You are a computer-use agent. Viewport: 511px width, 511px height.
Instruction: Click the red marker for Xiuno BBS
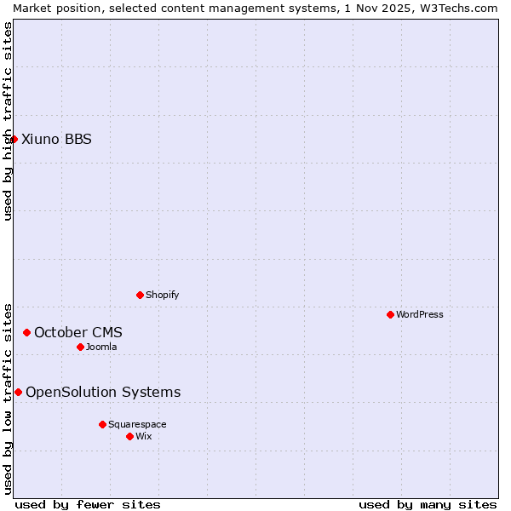(x=14, y=139)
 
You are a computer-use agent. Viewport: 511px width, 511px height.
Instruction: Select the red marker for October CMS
(x=26, y=332)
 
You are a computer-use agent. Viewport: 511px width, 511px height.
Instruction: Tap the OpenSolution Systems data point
(x=18, y=392)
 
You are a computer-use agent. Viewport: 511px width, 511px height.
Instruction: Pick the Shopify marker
(x=140, y=295)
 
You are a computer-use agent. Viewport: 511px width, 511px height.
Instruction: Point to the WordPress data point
(x=390, y=314)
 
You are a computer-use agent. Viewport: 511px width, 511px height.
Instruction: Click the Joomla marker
(x=80, y=347)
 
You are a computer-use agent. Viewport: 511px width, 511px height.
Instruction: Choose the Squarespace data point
(x=102, y=424)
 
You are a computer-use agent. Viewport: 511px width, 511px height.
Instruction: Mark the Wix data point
(x=129, y=436)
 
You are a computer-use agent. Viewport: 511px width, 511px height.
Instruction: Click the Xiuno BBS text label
(x=56, y=139)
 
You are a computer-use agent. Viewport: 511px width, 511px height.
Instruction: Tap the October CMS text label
(x=78, y=332)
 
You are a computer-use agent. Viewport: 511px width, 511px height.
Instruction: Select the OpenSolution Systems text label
(x=103, y=392)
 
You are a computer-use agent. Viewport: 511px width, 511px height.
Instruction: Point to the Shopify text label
(x=162, y=295)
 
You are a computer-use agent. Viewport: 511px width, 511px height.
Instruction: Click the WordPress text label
(x=420, y=314)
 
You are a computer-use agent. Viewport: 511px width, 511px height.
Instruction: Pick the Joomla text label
(x=101, y=347)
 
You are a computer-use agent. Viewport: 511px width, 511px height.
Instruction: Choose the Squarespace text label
(x=137, y=424)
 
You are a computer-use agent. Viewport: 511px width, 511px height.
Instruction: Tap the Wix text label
(x=144, y=436)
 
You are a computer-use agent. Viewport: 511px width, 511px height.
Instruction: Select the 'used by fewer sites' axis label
(x=88, y=504)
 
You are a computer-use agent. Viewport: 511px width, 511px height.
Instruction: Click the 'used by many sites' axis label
(x=428, y=504)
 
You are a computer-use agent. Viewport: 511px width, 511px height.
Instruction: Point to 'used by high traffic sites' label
(x=8, y=121)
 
